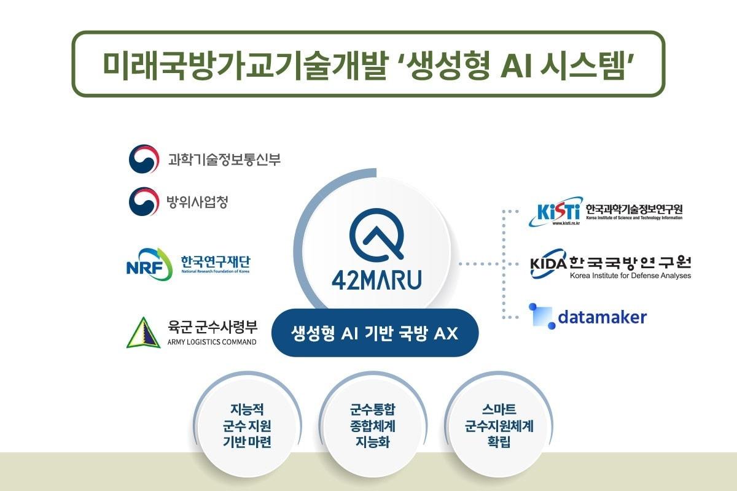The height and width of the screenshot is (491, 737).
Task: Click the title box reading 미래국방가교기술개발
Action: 368,64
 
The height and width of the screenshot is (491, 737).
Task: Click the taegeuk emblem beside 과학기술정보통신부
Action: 143,160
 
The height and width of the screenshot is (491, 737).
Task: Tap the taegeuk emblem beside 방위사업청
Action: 143,202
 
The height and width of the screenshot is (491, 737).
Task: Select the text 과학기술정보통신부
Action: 224,160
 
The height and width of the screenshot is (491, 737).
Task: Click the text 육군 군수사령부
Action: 212,325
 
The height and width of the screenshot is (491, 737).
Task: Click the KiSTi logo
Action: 554,212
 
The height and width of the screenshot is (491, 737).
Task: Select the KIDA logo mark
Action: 549,263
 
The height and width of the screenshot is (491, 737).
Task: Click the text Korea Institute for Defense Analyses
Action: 630,276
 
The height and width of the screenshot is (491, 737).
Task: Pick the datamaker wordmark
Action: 602,317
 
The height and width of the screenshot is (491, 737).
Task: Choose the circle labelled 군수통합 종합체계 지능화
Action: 372,425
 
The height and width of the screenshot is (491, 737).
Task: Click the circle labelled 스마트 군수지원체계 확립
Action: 498,425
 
